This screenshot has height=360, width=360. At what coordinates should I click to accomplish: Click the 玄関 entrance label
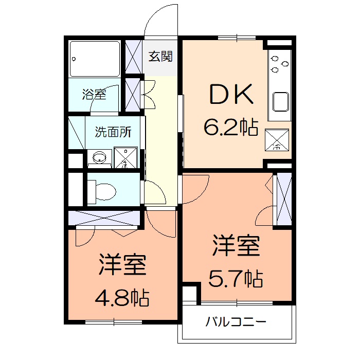point(160,56)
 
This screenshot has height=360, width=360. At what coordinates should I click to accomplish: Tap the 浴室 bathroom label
point(94,95)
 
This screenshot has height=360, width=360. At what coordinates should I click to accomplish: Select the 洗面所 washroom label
point(113,132)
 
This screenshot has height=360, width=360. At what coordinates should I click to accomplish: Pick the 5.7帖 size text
point(236,279)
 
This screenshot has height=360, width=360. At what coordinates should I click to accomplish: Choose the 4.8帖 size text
point(122,297)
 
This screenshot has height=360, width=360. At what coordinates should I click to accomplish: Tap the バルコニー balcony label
point(236,323)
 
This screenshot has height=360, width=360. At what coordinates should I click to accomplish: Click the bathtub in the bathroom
point(95,58)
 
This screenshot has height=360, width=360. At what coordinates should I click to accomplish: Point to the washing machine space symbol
point(125,157)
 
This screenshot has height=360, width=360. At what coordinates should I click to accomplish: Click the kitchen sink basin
point(282,101)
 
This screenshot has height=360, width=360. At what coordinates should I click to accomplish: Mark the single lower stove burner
point(274,69)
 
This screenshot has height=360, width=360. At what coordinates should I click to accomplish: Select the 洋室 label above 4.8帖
point(123,265)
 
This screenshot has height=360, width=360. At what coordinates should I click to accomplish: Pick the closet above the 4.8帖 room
point(104,218)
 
